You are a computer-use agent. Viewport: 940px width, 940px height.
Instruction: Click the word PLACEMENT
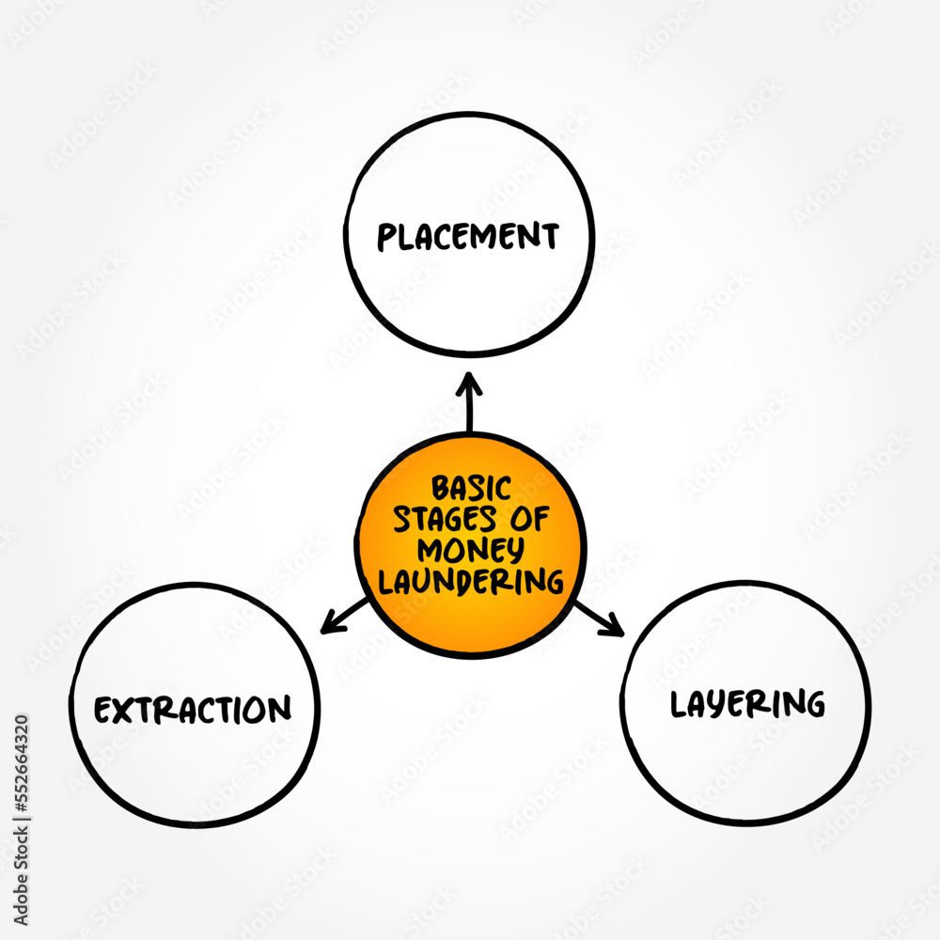pos(468,236)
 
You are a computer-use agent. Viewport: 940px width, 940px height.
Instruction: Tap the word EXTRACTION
pos(193,710)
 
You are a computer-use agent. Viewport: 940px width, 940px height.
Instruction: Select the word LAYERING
pos(747,704)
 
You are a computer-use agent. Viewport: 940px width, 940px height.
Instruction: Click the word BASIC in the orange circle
pos(472,488)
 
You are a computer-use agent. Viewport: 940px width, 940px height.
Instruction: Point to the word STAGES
pos(445,519)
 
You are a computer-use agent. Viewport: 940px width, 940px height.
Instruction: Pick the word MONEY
pos(471,550)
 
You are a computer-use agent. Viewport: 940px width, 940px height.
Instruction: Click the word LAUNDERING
pos(471,582)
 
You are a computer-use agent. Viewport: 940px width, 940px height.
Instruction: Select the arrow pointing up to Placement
pos(469,401)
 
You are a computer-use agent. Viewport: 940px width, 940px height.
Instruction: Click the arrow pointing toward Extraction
pos(344,616)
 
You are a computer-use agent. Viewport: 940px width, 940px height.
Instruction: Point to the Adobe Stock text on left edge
pos(21,876)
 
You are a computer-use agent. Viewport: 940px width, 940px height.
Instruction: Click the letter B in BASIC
pos(441,489)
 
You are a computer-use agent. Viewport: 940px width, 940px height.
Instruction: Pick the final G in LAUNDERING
pos(555,582)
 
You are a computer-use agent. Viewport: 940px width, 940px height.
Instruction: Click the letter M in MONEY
pos(431,550)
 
